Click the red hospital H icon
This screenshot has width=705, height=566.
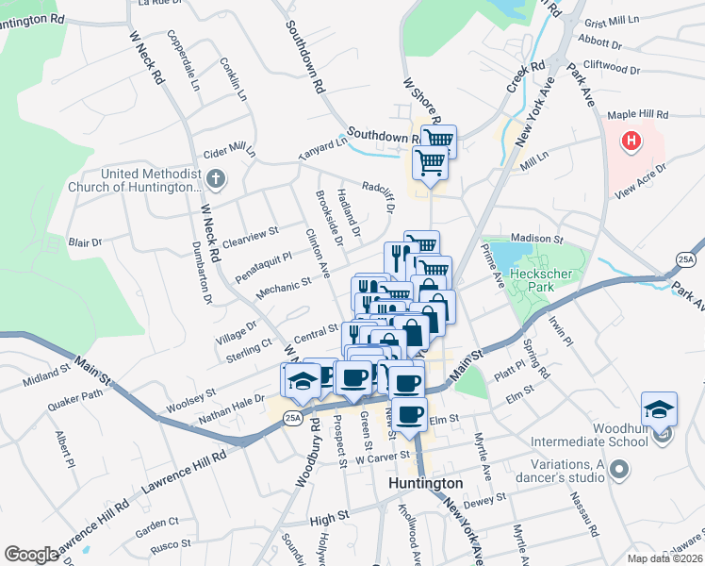click(x=631, y=142)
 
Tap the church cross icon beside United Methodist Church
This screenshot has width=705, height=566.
click(x=216, y=178)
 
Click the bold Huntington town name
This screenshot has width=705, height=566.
click(x=426, y=483)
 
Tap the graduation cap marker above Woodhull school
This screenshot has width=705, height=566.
click(x=659, y=408)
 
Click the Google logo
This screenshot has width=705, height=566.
click(x=32, y=555)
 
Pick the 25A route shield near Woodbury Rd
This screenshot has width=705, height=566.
click(x=293, y=418)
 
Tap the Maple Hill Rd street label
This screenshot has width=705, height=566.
click(x=637, y=114)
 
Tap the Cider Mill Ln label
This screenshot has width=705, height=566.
click(x=230, y=151)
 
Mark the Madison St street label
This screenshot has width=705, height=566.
click(x=535, y=240)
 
